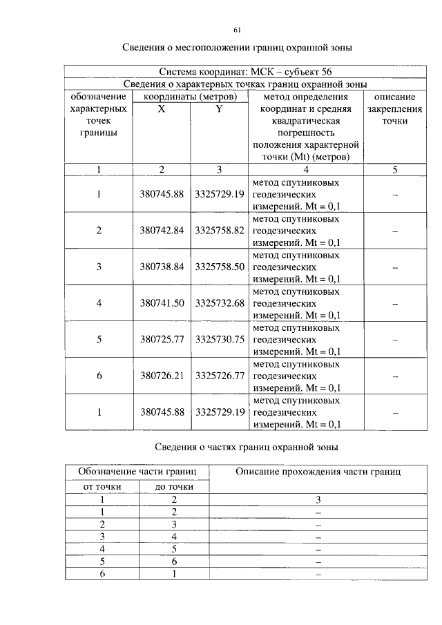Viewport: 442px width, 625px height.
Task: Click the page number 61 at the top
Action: (x=237, y=30)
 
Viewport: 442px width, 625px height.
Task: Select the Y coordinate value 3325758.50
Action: (x=220, y=267)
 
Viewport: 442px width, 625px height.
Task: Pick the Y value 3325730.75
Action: (x=220, y=339)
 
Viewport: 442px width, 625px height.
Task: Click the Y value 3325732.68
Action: (x=220, y=302)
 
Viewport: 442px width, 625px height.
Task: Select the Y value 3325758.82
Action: (x=220, y=231)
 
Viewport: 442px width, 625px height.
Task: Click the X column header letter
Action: (x=161, y=109)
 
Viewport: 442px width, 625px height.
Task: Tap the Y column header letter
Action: (x=219, y=109)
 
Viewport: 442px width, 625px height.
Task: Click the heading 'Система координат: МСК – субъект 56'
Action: (x=237, y=71)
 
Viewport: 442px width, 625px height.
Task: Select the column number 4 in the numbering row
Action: (x=306, y=169)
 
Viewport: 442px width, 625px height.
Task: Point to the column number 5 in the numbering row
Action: (x=394, y=169)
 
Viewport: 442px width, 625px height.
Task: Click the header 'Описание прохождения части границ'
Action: (x=318, y=472)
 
